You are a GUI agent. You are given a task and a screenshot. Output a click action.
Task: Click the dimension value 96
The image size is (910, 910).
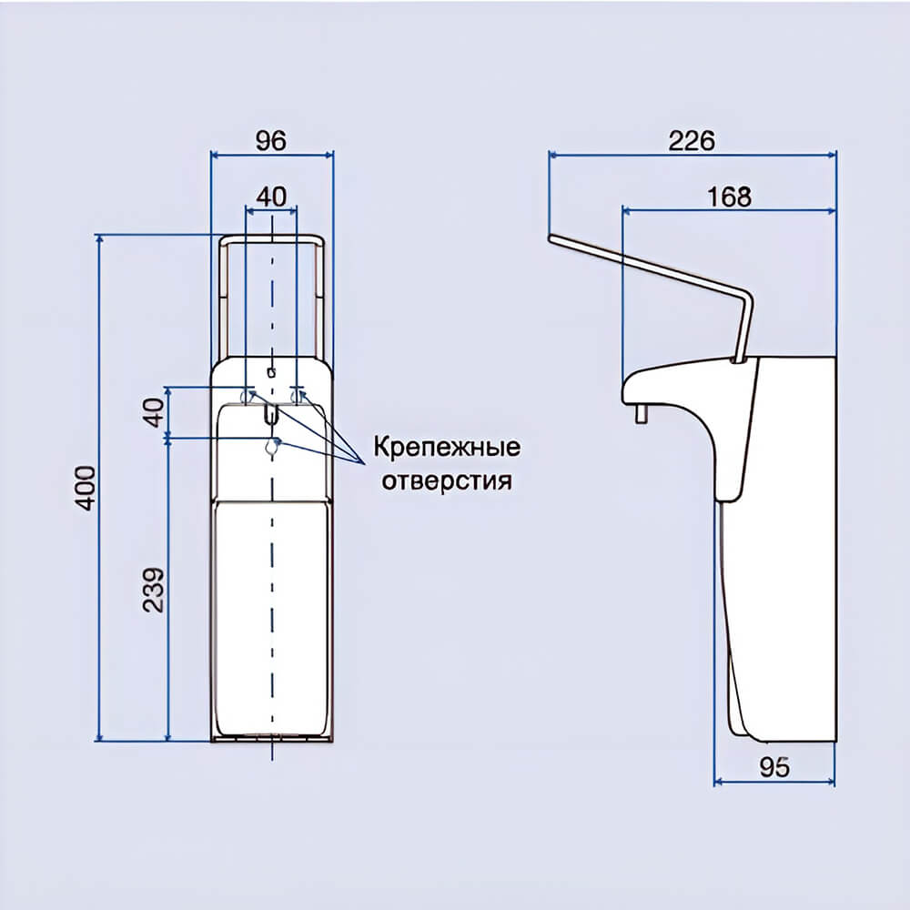click(271, 140)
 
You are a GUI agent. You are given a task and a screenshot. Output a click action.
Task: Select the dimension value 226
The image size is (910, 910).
click(692, 140)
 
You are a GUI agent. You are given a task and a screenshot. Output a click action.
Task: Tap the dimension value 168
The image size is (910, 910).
click(729, 197)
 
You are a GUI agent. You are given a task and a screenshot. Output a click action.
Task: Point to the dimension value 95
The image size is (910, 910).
click(774, 767)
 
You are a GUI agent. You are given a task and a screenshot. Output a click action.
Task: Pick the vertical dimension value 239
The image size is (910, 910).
click(153, 590)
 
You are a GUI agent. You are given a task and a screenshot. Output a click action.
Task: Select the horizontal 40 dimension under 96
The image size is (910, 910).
click(271, 197)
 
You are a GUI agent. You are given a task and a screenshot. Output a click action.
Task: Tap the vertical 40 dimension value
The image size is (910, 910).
click(153, 412)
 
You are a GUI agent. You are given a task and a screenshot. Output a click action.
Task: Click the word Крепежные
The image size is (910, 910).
click(446, 448)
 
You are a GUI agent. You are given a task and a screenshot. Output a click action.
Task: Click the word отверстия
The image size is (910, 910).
click(447, 480)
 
